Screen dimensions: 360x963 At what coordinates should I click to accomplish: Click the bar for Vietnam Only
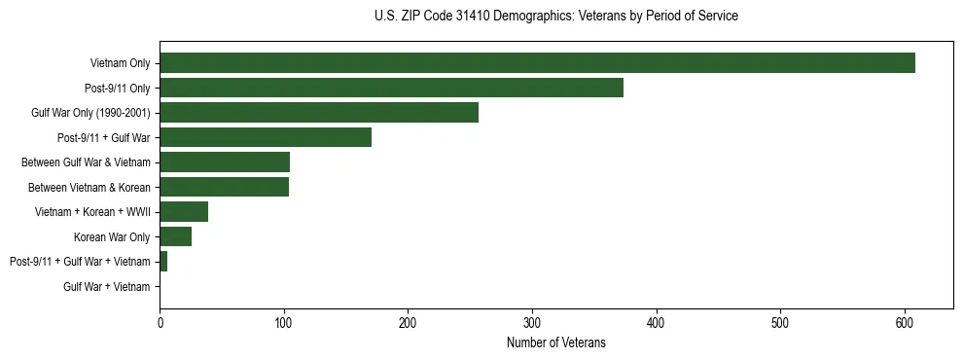coord(537,63)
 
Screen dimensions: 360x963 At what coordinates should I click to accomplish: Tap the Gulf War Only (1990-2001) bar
coord(319,113)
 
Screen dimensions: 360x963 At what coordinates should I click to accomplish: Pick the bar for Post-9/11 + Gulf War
coord(266,137)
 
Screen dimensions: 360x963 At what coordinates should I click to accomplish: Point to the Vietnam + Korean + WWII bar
coord(184,212)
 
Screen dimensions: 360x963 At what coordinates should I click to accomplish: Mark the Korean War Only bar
coord(175,236)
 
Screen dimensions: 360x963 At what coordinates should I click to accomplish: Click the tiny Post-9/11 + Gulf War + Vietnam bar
coord(163,262)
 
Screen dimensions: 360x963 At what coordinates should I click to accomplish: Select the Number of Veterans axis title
coord(555,342)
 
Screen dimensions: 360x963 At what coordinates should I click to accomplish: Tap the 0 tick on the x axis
coord(160,323)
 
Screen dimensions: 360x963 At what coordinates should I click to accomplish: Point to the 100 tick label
coord(284,323)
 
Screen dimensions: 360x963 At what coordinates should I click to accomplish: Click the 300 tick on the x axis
coord(532,323)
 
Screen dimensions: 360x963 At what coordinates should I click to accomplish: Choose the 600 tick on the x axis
coord(905,323)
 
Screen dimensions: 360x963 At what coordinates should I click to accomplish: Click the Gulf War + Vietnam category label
coord(107,287)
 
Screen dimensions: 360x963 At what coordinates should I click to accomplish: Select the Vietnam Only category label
coord(120,63)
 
